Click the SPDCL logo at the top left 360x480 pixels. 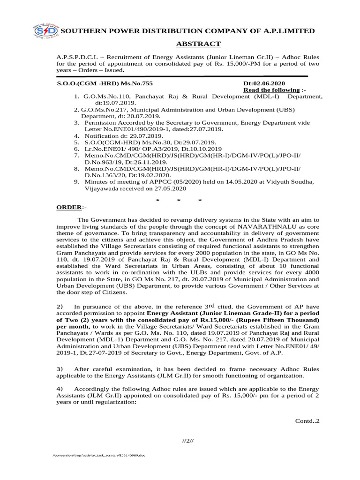[x=45, y=31]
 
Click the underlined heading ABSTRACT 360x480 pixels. [x=198, y=44]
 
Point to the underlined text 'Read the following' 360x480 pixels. [x=271, y=90]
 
